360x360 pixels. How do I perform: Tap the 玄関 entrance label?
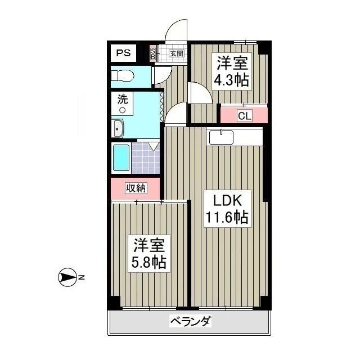click(x=177, y=54)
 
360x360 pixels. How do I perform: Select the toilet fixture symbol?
click(x=122, y=75)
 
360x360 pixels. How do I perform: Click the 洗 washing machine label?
click(x=123, y=100)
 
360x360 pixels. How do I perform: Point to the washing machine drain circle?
click(x=122, y=110)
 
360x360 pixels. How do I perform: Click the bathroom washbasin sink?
click(x=118, y=129)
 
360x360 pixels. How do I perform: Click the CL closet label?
click(x=244, y=116)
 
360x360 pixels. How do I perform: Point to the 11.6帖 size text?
click(x=226, y=218)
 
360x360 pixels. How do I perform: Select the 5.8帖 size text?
click(x=149, y=262)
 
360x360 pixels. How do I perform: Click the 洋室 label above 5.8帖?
click(x=149, y=245)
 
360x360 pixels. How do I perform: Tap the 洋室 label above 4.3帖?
click(x=231, y=62)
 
